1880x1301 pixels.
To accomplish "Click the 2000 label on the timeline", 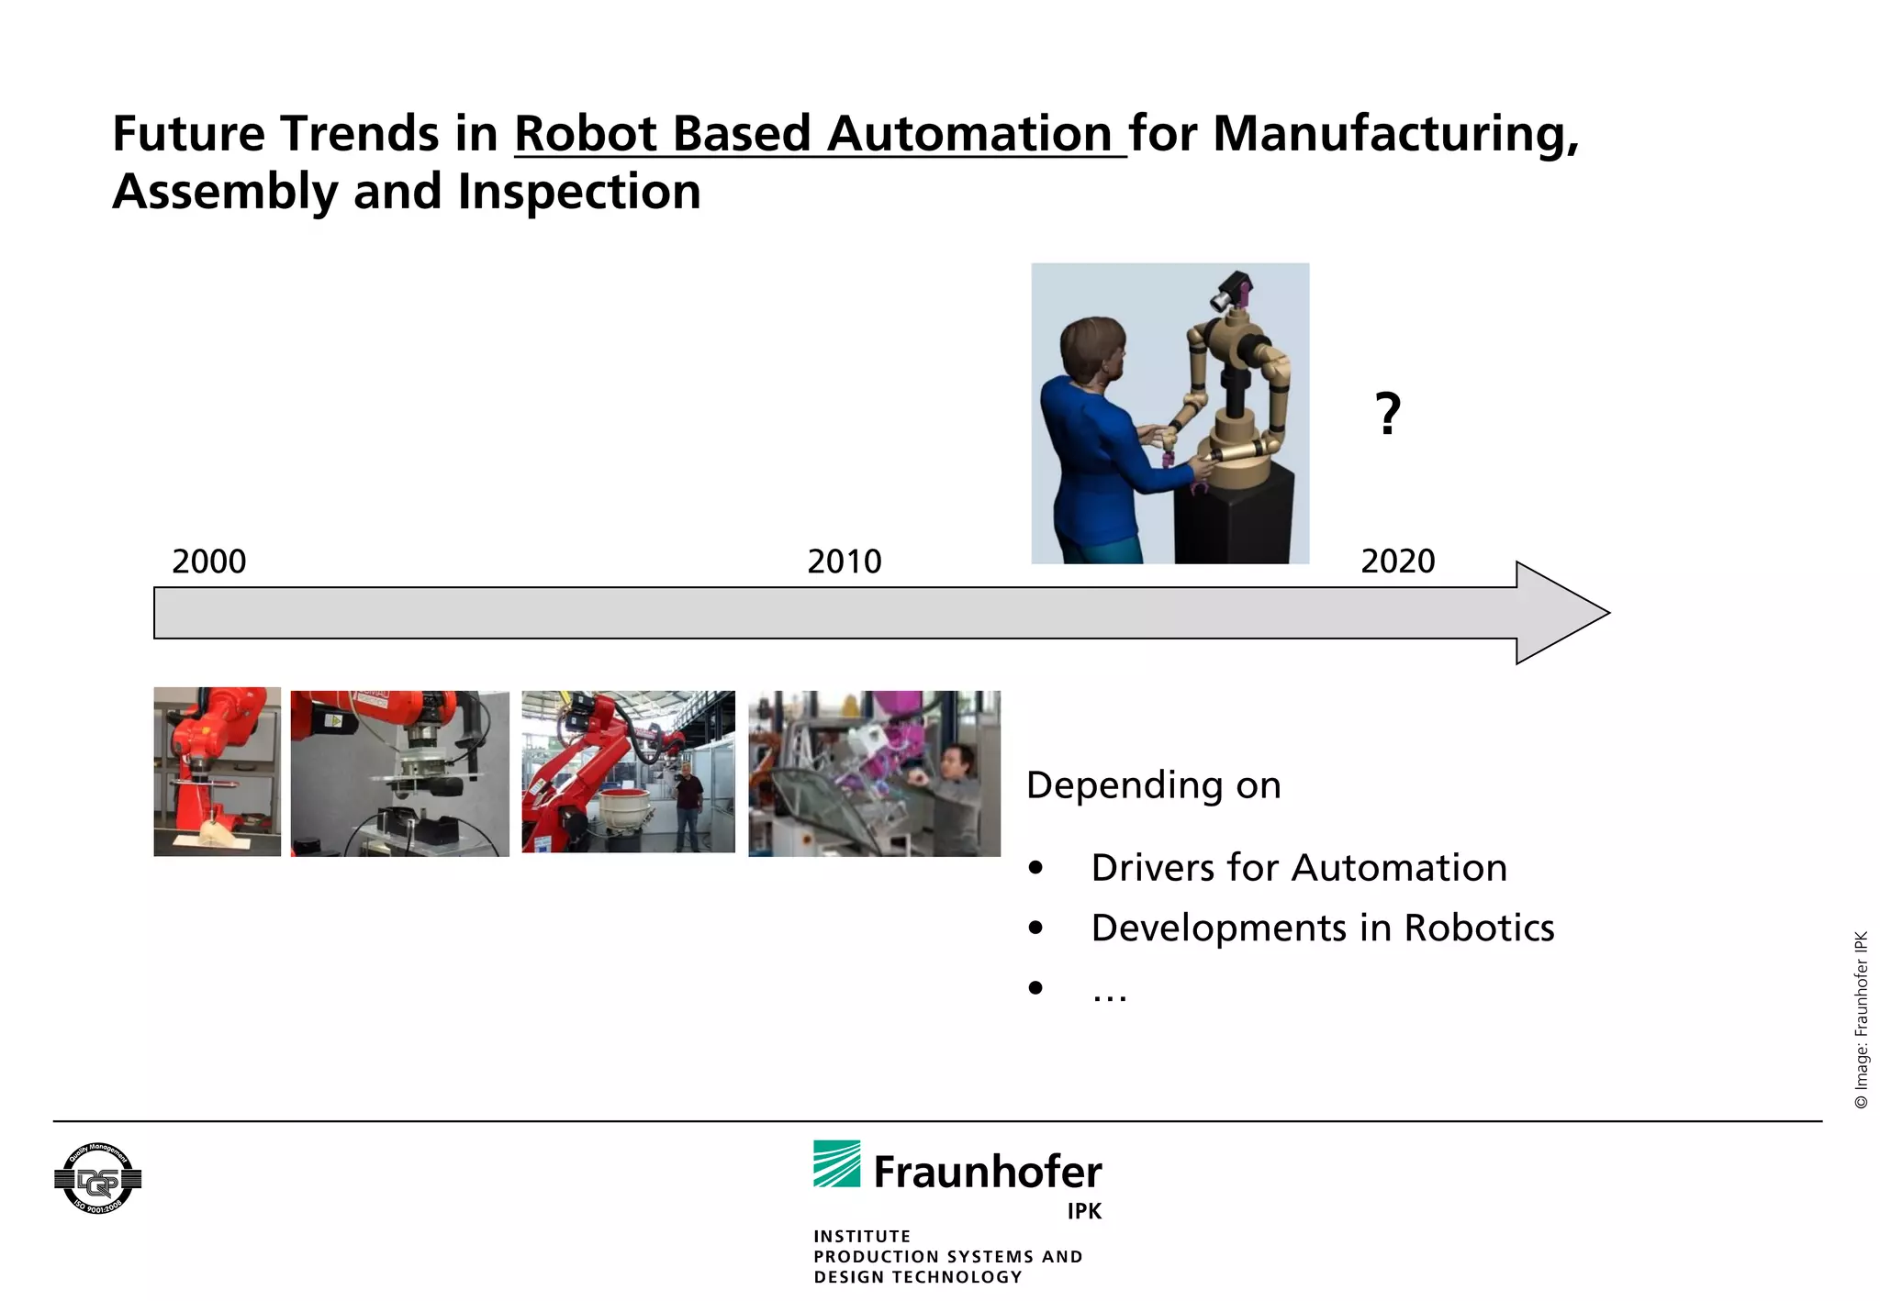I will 209,562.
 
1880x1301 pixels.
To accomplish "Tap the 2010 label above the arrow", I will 844,562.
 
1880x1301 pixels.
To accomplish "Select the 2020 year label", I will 1397,561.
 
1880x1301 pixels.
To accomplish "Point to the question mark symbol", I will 1388,414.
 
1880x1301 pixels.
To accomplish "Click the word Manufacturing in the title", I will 1395,134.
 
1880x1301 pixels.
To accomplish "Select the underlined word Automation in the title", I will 969,134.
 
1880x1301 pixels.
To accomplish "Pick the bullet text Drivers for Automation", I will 1298,868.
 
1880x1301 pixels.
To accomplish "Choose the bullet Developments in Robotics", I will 1322,928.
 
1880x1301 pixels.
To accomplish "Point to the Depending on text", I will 1153,785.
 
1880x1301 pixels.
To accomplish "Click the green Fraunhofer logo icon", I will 836,1164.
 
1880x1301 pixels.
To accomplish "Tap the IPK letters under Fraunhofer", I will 1083,1211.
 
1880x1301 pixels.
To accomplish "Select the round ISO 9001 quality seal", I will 97,1179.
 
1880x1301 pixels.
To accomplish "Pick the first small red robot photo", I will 218,773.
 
